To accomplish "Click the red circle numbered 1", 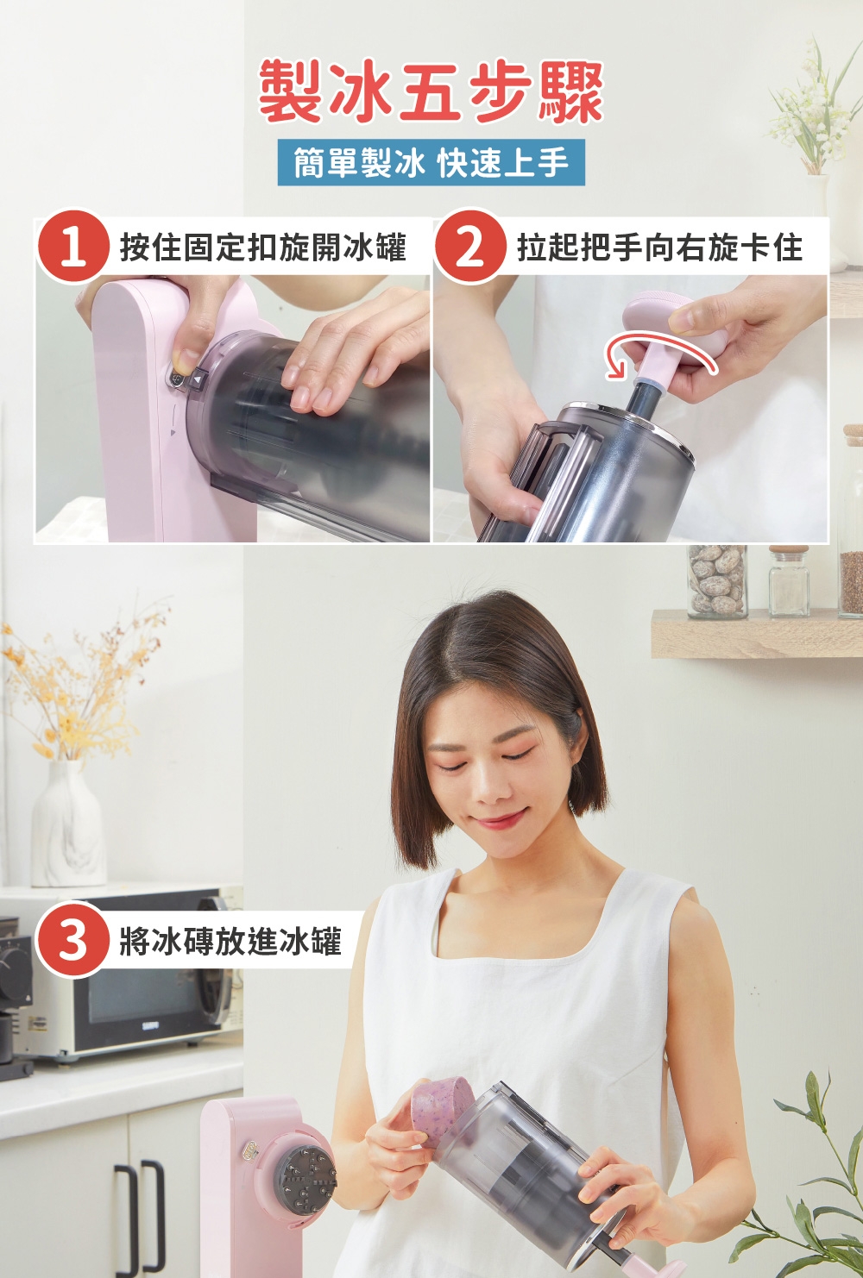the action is [73, 247].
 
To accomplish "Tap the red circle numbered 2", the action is [469, 247].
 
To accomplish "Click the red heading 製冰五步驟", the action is [431, 92].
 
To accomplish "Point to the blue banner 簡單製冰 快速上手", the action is [431, 162].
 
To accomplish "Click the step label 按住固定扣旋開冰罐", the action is [262, 247].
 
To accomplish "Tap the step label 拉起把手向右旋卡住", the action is [659, 247].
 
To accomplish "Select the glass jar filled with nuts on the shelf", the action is [717, 582].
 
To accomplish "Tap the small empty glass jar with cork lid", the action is [789, 581].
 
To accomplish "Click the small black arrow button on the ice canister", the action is [198, 379].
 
